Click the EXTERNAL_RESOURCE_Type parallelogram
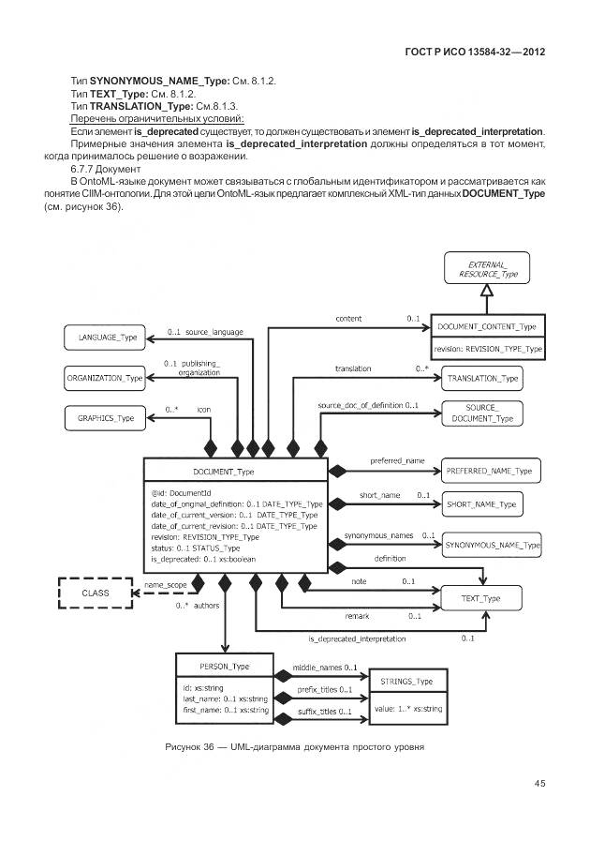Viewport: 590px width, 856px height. tap(482, 270)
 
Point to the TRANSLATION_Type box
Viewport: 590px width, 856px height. tap(482, 378)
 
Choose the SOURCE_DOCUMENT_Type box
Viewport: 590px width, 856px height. tap(482, 413)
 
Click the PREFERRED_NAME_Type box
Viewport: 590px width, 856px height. tap(488, 470)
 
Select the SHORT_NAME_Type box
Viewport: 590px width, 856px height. tap(482, 504)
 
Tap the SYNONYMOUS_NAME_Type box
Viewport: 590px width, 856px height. tap(492, 545)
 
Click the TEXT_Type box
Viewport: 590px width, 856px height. tap(482, 597)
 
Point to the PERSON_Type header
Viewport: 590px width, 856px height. tap(225, 666)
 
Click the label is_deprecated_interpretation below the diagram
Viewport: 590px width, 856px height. tap(357, 638)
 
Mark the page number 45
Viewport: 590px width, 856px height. tap(540, 783)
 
